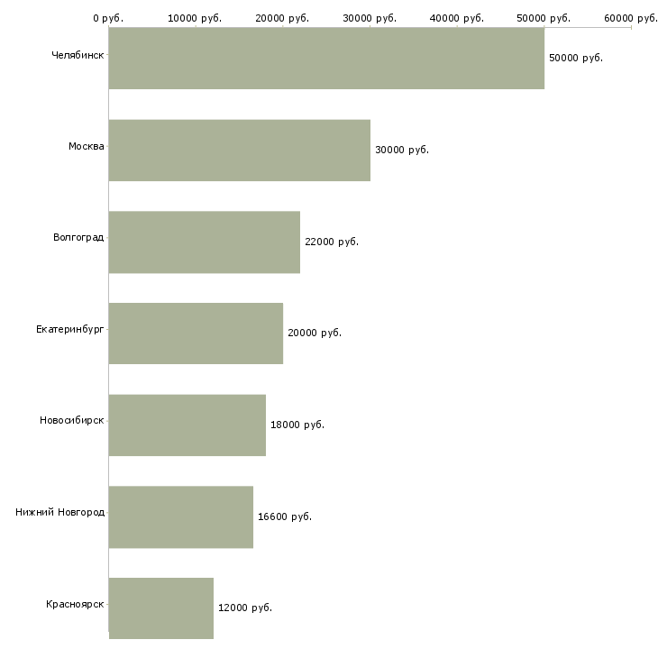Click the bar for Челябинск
point(326,58)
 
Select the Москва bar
point(239,150)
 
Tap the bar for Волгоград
point(204,242)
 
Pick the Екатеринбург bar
point(196,333)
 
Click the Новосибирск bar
point(187,425)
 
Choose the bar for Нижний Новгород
point(180,516)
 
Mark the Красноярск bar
point(160,608)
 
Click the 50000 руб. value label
point(575,58)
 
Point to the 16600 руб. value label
point(284,516)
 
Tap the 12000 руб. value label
point(244,608)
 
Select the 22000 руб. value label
point(332,242)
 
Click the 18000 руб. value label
point(297,425)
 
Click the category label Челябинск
point(78,55)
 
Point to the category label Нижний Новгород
point(59,512)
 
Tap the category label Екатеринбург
point(69,329)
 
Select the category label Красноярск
point(75,604)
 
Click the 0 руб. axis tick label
point(108,17)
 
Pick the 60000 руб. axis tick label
point(631,17)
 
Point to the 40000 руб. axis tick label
point(457,17)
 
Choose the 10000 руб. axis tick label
point(195,17)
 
